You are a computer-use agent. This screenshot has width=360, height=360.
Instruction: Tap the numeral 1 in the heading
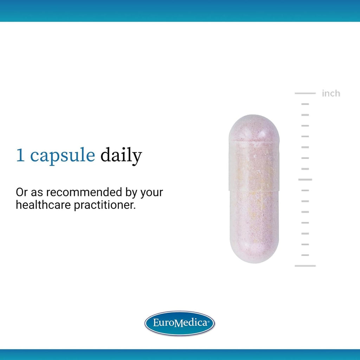click(20, 155)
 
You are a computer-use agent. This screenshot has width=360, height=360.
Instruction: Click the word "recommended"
click(84, 192)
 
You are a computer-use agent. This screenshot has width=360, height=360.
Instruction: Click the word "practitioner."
click(105, 205)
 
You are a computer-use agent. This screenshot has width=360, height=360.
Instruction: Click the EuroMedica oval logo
click(180, 323)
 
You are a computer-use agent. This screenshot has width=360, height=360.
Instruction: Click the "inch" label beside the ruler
click(331, 94)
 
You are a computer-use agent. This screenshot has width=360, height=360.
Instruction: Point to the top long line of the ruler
click(305, 93)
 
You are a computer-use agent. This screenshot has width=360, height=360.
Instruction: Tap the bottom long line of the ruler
click(305, 266)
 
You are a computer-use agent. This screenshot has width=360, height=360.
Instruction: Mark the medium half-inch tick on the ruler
click(305, 180)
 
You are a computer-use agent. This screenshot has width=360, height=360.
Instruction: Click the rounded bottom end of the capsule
click(254, 250)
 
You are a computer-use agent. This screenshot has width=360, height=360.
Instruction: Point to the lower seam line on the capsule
click(254, 190)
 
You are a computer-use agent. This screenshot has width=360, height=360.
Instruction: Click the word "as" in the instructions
click(37, 193)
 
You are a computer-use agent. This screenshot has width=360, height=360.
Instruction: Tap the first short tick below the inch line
click(305, 104)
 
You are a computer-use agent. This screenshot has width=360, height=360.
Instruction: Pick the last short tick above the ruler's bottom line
click(305, 255)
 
